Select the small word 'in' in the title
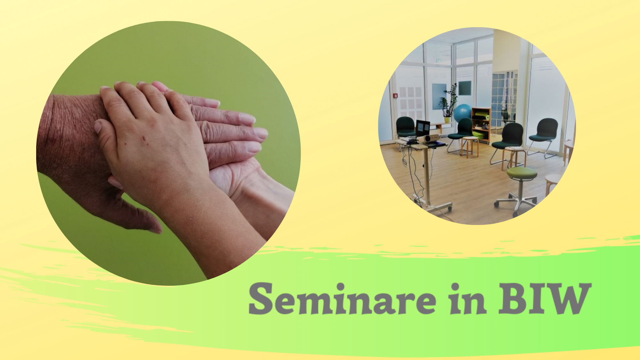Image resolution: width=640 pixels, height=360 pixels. click(468, 298)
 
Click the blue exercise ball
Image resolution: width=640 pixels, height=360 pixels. click(462, 113)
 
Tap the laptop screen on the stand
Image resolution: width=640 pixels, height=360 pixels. click(423, 128)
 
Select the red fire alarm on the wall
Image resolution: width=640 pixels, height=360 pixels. click(396, 95)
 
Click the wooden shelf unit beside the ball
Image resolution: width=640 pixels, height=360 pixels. click(481, 125)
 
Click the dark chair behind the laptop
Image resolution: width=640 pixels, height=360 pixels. click(406, 128)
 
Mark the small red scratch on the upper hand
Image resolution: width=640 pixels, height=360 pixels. click(144, 139)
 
